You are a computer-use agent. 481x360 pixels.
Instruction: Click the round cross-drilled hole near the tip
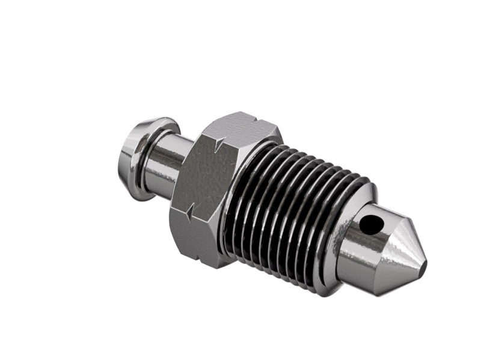[x=372, y=223]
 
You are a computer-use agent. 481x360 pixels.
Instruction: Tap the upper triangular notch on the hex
[x=221, y=142]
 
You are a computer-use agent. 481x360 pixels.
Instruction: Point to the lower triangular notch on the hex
[x=189, y=212]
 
